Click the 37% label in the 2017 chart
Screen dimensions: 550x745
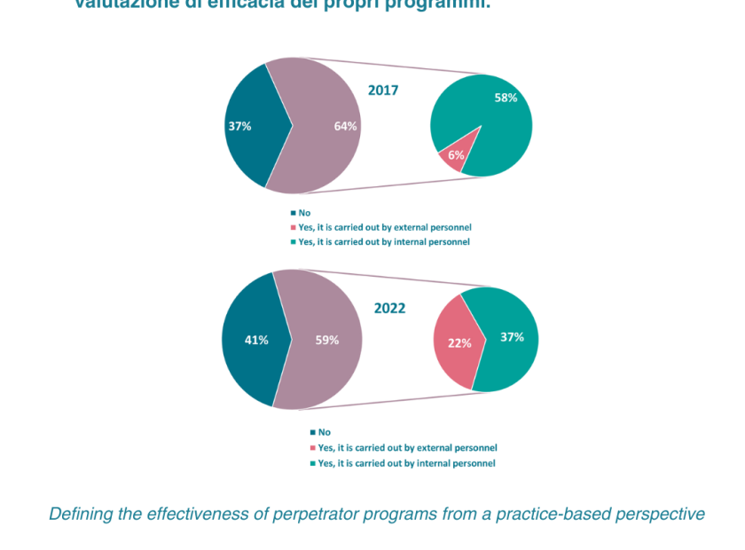click(x=239, y=126)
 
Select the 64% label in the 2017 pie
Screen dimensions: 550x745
click(x=346, y=126)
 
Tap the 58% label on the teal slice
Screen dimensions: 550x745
click(x=506, y=98)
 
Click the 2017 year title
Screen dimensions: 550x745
click(x=383, y=90)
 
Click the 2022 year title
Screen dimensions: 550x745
click(x=389, y=309)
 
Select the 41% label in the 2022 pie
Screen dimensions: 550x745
click(x=256, y=340)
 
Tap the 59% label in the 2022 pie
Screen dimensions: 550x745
click(x=327, y=340)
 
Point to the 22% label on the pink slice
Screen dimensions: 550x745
click(x=459, y=343)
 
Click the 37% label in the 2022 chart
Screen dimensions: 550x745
click(x=512, y=337)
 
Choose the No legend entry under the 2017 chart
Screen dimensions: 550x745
click(x=303, y=213)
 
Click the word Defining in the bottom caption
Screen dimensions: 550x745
click(x=78, y=515)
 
